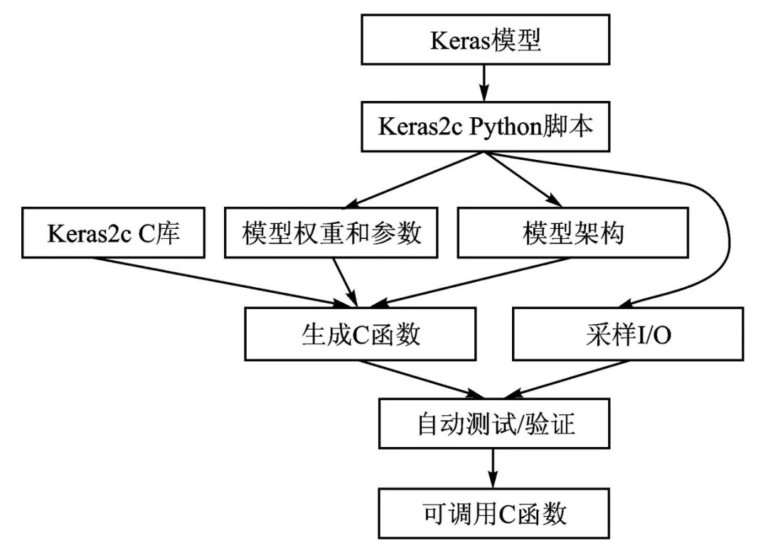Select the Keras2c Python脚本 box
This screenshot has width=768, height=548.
tap(486, 127)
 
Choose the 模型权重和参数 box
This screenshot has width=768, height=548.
tap(331, 233)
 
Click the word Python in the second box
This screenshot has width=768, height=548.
tap(513, 127)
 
